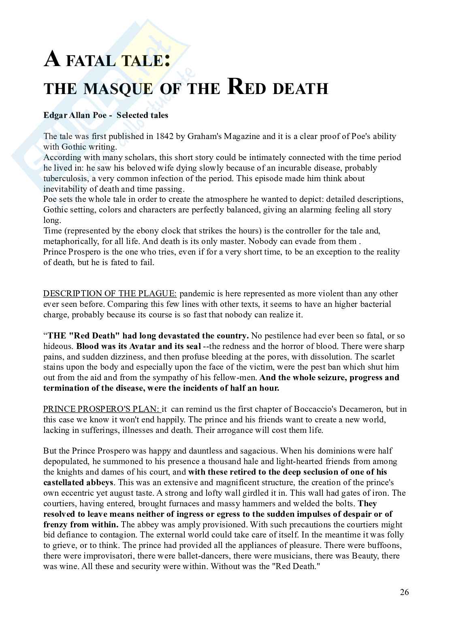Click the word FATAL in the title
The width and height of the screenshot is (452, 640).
click(x=88, y=62)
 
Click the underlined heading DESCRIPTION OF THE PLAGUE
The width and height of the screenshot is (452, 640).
click(x=110, y=293)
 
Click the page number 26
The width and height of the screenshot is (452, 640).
click(x=404, y=592)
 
